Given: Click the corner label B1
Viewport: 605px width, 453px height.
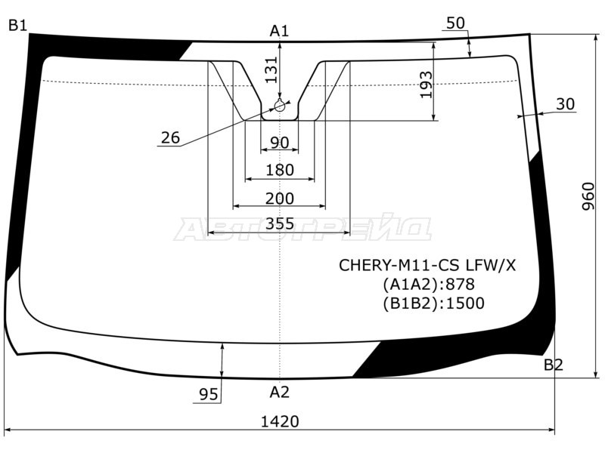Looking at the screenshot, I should pos(17,26).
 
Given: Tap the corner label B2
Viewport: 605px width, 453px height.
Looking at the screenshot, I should pos(554,365).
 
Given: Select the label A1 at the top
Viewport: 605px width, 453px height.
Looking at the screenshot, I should pos(280,31).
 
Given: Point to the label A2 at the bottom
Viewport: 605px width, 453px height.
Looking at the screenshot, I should pos(280,392).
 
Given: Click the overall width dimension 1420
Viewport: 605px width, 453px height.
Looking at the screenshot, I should pos(280,421).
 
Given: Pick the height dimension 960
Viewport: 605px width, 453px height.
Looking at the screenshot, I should pos(589,196).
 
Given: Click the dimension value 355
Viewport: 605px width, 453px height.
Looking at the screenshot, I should pos(280,223).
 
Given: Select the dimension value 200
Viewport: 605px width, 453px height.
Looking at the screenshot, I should pos(280,199).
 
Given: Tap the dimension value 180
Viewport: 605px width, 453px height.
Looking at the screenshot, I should pos(280,171).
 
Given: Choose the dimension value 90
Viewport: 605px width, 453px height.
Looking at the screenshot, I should pos(280,143).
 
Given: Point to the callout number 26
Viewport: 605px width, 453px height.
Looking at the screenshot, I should pos(170,137).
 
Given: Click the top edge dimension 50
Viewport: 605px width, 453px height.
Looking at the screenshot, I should pos(455,23).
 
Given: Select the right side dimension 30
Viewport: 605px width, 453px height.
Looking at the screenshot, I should pos(565,104).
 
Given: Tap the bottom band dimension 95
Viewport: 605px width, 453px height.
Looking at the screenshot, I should pos(208,394).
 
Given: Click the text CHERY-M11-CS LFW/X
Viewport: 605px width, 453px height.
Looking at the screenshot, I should pos(427,265).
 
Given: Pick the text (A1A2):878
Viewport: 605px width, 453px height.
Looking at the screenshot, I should pos(428,285).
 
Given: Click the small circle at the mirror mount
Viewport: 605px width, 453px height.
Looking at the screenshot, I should pos(280,106).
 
